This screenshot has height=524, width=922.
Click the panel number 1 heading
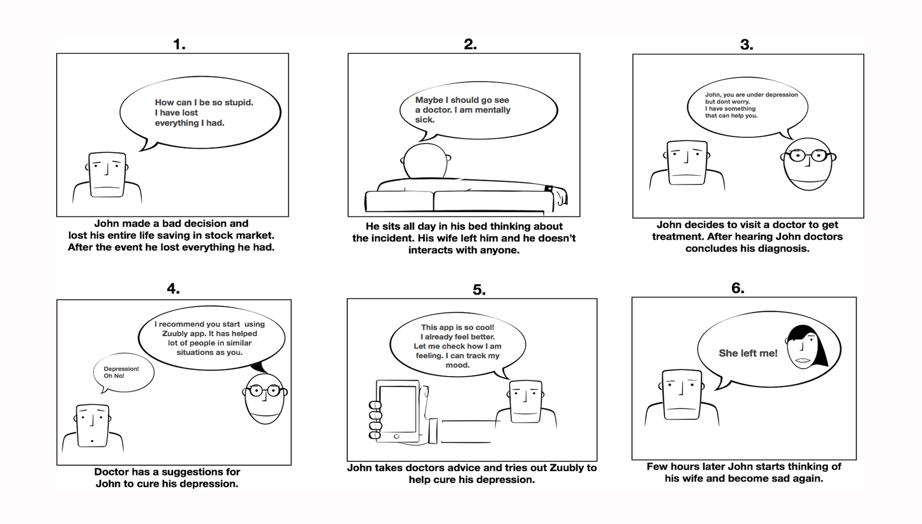click(179, 45)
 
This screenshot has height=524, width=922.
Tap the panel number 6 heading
click(737, 289)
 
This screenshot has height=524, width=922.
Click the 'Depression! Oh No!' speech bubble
click(123, 373)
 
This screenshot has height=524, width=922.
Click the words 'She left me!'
click(748, 353)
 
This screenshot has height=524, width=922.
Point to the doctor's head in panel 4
click(264, 398)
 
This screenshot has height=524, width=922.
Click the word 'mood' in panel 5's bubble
click(457, 365)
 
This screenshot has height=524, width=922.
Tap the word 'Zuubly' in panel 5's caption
click(566, 468)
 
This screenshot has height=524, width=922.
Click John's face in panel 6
click(681, 394)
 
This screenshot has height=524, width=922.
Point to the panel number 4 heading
click(173, 289)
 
